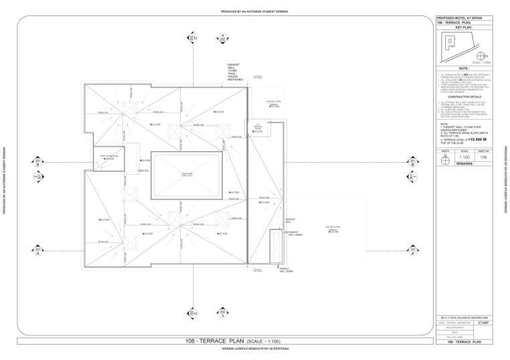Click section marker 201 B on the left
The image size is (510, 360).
38,162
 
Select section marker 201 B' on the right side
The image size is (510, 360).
413,162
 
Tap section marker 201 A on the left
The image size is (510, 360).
38,251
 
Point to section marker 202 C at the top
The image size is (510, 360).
193,39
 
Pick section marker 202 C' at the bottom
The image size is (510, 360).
193,312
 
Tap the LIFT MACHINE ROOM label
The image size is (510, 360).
257,127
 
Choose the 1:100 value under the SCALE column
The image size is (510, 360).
464,157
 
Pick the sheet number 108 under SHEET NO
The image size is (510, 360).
483,157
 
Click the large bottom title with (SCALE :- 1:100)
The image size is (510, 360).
224,341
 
